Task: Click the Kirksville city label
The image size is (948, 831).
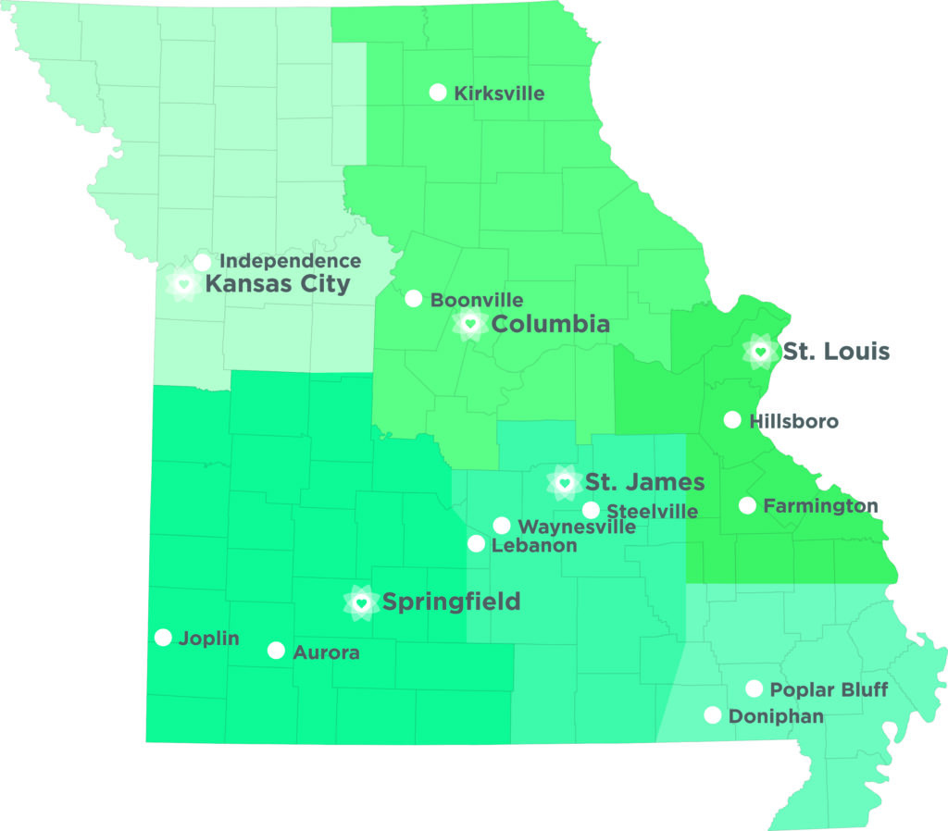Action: point(499,93)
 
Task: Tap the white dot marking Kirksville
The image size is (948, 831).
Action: point(438,92)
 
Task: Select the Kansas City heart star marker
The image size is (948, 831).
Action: point(183,283)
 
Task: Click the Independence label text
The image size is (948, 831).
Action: point(290,262)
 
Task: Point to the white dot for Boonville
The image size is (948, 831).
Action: point(414,299)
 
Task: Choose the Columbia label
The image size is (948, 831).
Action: point(551,324)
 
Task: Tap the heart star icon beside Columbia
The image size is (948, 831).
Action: point(469,324)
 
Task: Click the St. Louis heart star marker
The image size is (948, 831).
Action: point(760,352)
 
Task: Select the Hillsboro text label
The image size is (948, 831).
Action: point(794,422)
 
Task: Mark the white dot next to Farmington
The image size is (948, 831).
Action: point(747,505)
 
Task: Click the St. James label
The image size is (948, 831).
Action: point(645,482)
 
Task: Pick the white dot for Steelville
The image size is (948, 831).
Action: point(591,510)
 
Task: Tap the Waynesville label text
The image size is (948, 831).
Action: point(577,527)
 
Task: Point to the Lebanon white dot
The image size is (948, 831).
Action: point(476,544)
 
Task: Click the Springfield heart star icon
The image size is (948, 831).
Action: point(362,602)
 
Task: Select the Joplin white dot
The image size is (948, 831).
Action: point(163,637)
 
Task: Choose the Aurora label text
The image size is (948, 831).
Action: point(326,652)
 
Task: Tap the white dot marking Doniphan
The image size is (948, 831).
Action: point(713,714)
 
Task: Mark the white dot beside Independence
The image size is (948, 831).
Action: point(202,262)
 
